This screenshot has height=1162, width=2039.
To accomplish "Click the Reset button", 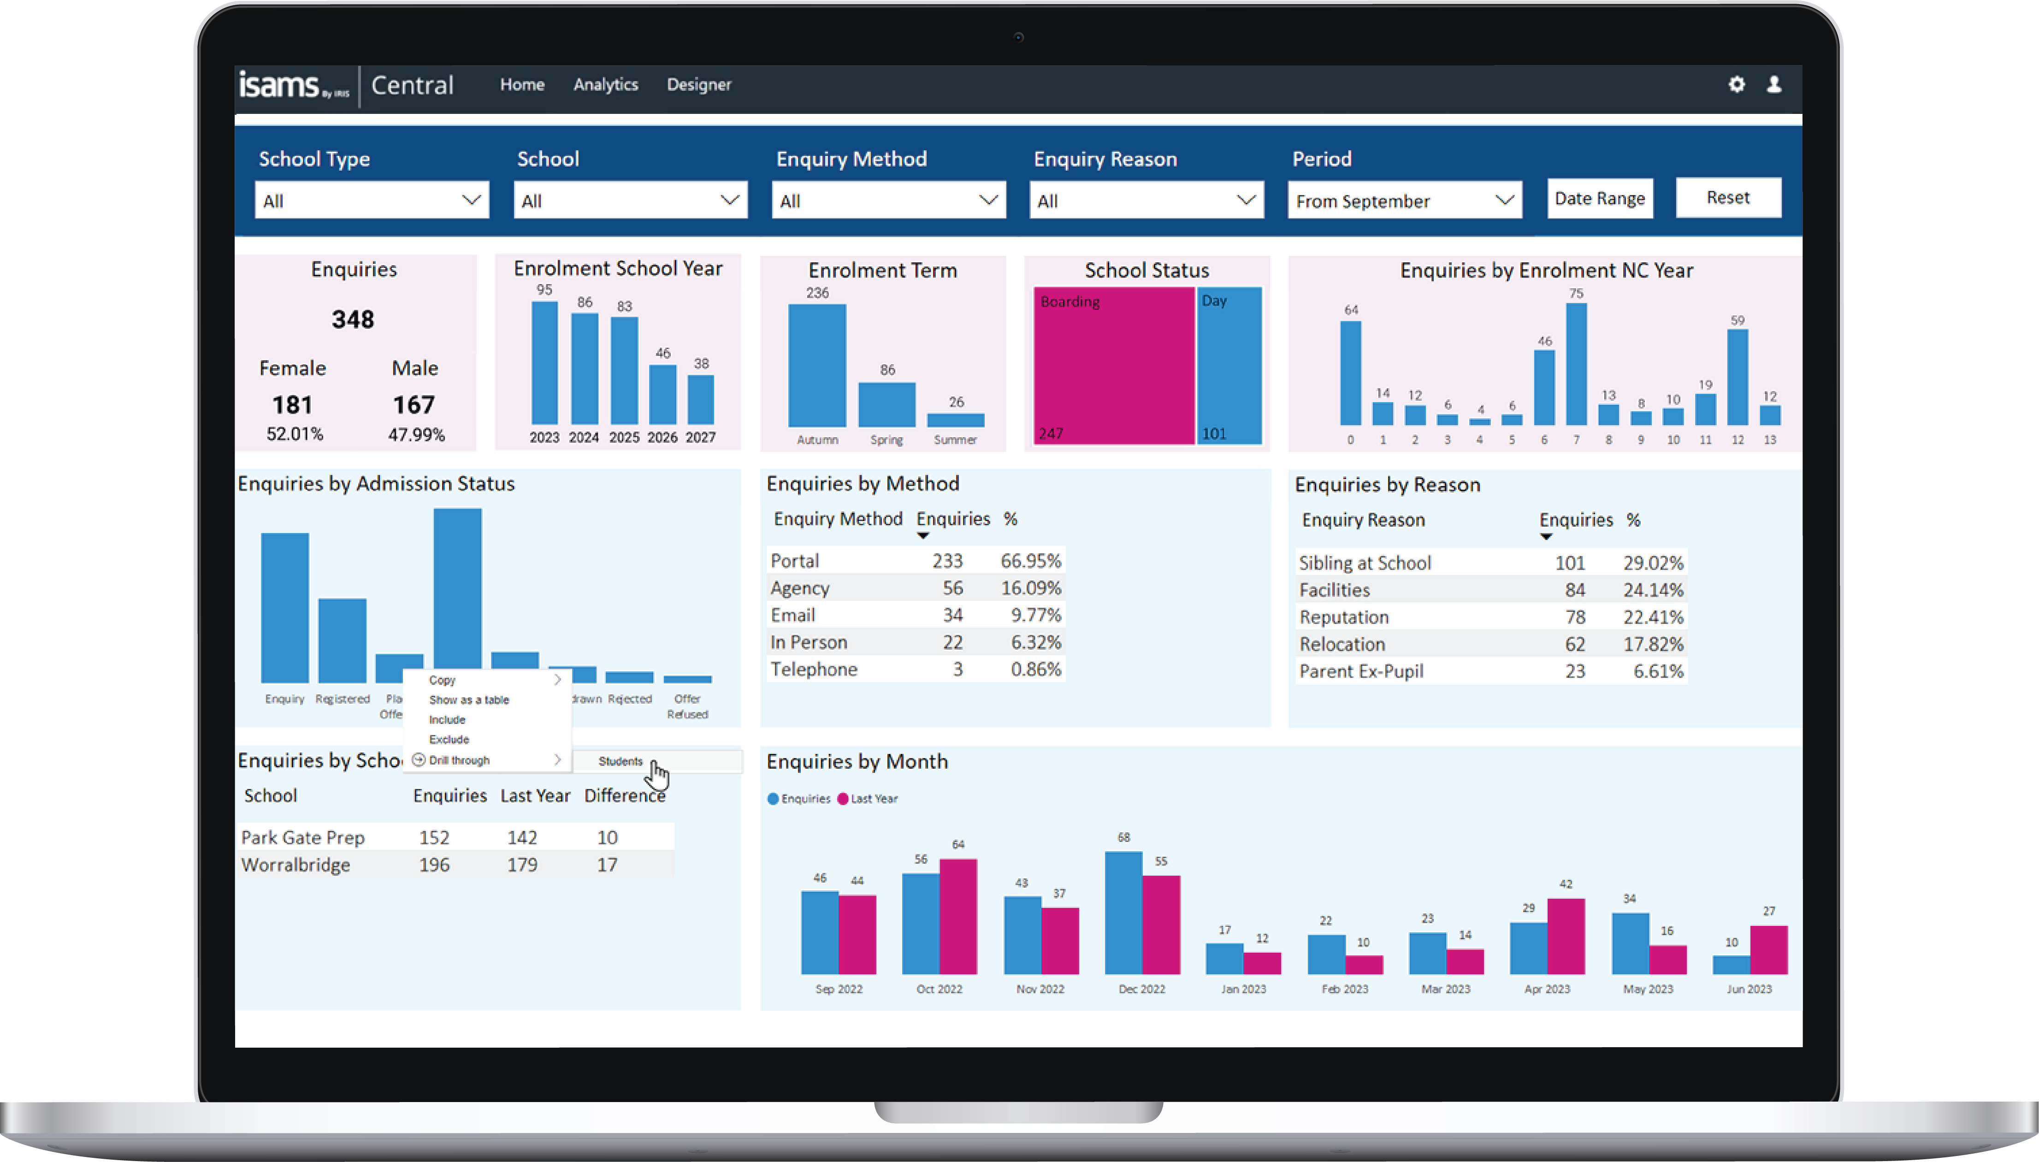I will (1728, 198).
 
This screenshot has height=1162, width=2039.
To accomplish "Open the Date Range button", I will (1600, 199).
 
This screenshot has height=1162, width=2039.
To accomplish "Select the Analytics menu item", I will (605, 84).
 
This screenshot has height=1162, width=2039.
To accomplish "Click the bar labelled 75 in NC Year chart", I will (1576, 363).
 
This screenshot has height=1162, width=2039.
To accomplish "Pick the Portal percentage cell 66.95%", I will (1030, 561).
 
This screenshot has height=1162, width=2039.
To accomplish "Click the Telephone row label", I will (814, 670).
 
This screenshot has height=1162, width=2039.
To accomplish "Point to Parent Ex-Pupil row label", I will (1361, 672).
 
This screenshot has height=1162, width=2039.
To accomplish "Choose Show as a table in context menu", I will (469, 700).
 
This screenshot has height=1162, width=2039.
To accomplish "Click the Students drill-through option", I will (620, 761).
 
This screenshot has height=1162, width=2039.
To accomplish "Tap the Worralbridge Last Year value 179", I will (522, 865).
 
